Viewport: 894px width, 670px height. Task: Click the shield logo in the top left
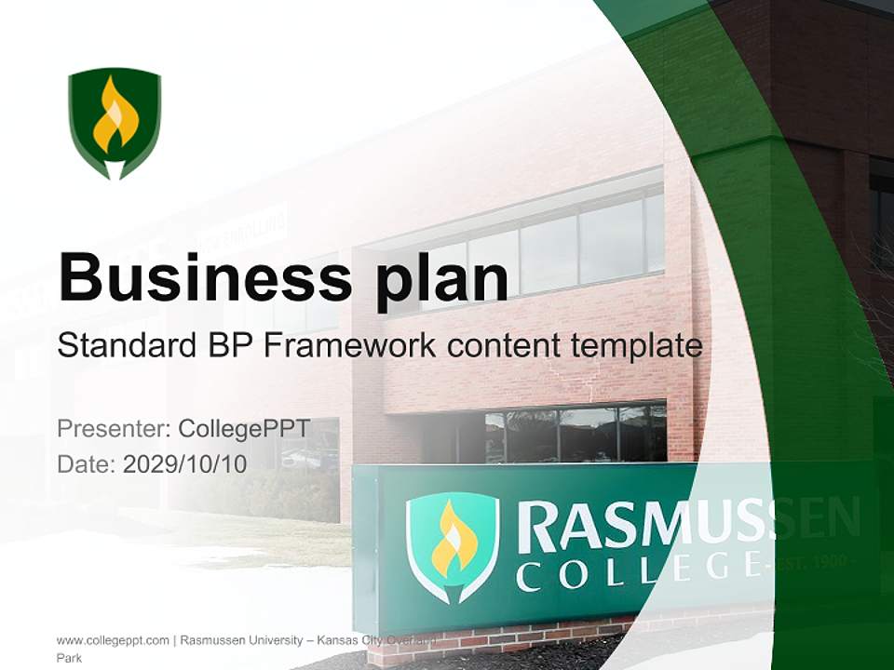[x=115, y=122]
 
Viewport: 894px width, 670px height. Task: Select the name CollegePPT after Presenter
[x=244, y=429]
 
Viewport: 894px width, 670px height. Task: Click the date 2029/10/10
[x=185, y=463]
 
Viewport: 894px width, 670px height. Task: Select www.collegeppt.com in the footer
[x=113, y=640]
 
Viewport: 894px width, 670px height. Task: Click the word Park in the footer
[x=70, y=658]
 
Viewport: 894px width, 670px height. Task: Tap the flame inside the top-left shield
[x=115, y=115]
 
